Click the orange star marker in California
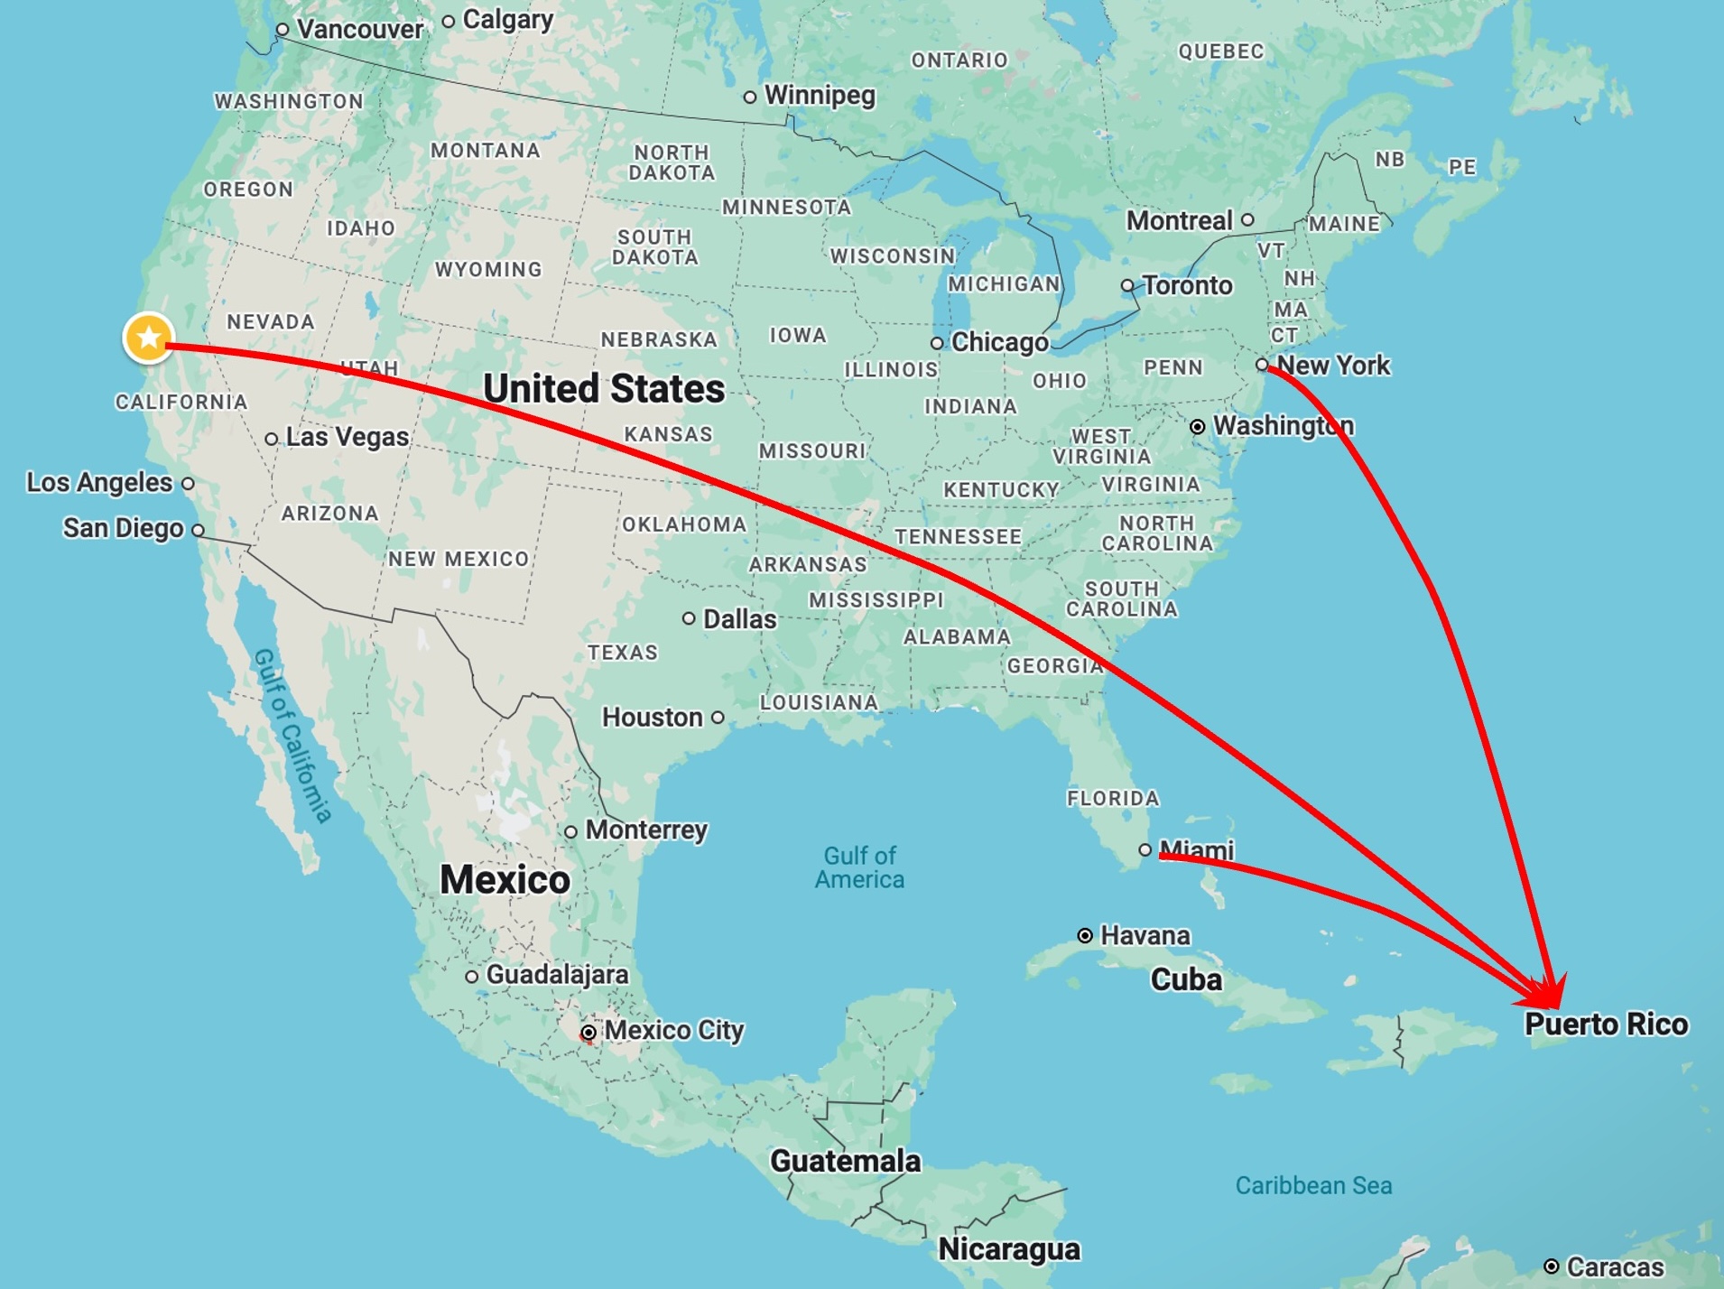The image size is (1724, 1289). [149, 338]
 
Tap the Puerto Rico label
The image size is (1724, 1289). [1606, 1025]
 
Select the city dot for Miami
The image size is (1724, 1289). [1145, 849]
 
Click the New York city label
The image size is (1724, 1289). [1333, 366]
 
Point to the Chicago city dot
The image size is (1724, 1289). [937, 343]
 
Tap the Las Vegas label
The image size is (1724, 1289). [347, 437]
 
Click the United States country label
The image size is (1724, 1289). [604, 389]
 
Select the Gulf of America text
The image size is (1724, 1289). [859, 867]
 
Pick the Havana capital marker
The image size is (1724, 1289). [1085, 935]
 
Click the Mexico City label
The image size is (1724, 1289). [673, 1030]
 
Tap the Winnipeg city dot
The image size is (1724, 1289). [750, 97]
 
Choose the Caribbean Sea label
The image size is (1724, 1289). [1313, 1185]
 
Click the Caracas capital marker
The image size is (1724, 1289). [1551, 1266]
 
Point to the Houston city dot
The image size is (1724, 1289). [718, 718]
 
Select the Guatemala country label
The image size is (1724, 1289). [845, 1161]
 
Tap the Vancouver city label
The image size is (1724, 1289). [360, 30]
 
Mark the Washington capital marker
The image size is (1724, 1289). [1197, 427]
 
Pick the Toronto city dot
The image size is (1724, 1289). [1127, 285]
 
